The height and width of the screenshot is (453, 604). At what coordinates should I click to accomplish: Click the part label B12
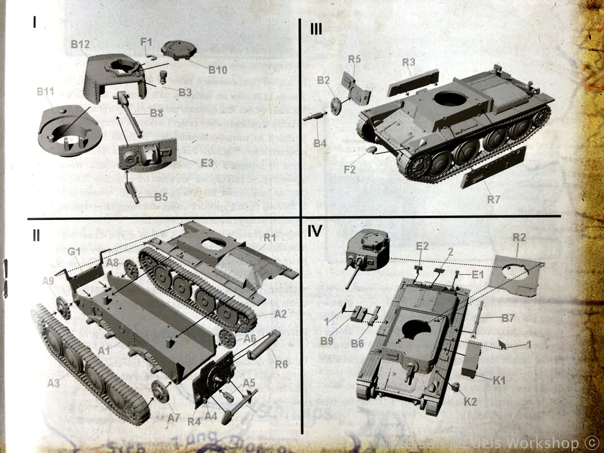80,44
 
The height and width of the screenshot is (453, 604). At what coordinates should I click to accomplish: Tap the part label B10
217,70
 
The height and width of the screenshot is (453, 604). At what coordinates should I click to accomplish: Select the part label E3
207,163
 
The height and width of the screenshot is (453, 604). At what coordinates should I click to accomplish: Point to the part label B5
161,198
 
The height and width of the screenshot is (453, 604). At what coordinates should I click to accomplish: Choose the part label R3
409,62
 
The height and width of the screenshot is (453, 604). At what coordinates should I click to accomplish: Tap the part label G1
73,251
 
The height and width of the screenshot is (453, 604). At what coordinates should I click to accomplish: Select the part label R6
281,364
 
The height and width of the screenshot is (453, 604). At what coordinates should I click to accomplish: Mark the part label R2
520,237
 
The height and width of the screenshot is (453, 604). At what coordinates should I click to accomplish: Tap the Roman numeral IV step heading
315,231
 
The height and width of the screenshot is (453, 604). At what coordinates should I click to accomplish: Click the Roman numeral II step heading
36,235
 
